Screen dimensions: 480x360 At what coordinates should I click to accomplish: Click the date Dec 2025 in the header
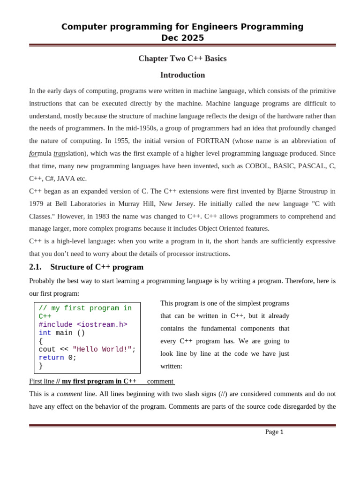(182, 38)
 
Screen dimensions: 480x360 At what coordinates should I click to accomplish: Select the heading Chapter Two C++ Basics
(182, 59)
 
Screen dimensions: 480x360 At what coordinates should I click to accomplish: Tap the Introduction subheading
(182, 75)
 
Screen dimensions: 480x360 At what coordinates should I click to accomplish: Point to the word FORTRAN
(213, 141)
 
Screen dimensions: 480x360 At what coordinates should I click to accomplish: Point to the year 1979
(37, 204)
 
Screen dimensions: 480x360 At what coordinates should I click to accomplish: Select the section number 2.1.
(35, 267)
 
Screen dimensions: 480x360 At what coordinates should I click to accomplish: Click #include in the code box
(55, 325)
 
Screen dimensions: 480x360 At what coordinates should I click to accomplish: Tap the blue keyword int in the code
(45, 333)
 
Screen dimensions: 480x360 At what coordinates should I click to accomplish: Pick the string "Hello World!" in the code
(102, 350)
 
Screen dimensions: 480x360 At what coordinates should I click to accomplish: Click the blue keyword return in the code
(51, 358)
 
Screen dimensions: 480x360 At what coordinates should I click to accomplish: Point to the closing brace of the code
(41, 366)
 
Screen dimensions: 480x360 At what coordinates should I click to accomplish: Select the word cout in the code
(47, 350)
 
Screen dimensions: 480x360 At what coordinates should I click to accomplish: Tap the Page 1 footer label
(274, 432)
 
